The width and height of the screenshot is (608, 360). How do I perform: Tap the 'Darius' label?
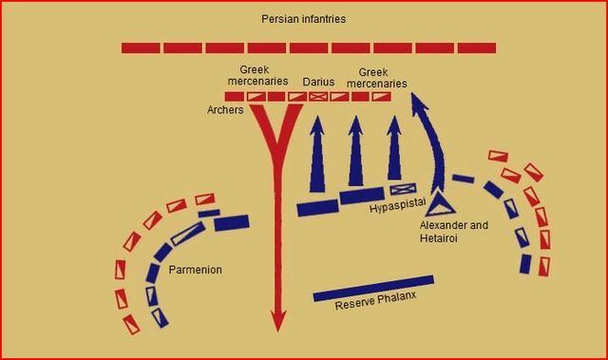[318, 82]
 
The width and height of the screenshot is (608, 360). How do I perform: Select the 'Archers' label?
[225, 110]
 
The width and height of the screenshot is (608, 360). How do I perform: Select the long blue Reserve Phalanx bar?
[373, 289]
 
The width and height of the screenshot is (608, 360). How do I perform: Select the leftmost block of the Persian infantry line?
[141, 47]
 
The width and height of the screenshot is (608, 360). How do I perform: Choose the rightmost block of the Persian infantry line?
[478, 47]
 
